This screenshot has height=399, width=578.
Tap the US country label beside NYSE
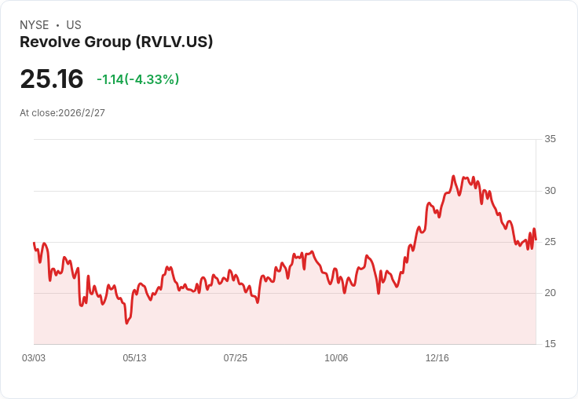[74, 25]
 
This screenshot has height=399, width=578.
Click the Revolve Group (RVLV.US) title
[116, 42]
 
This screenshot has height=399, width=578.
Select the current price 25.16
[51, 79]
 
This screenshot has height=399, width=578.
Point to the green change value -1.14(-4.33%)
[137, 79]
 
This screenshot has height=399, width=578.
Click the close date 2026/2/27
[82, 113]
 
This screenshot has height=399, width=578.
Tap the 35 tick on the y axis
[551, 139]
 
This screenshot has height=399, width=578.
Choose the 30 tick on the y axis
[551, 191]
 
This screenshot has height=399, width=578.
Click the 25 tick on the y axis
[551, 242]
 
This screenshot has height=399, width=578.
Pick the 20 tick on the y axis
[551, 293]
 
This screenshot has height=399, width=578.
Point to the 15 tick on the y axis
[551, 344]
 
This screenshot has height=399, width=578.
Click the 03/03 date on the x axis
[34, 358]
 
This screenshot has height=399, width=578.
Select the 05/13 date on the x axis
[134, 358]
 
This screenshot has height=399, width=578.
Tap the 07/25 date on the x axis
[235, 358]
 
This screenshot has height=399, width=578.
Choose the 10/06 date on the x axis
[336, 358]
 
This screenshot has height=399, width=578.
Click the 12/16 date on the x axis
[437, 358]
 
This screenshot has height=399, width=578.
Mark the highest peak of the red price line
[454, 177]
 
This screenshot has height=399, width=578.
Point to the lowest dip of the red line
[126, 323]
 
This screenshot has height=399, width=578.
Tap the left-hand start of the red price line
[34, 243]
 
